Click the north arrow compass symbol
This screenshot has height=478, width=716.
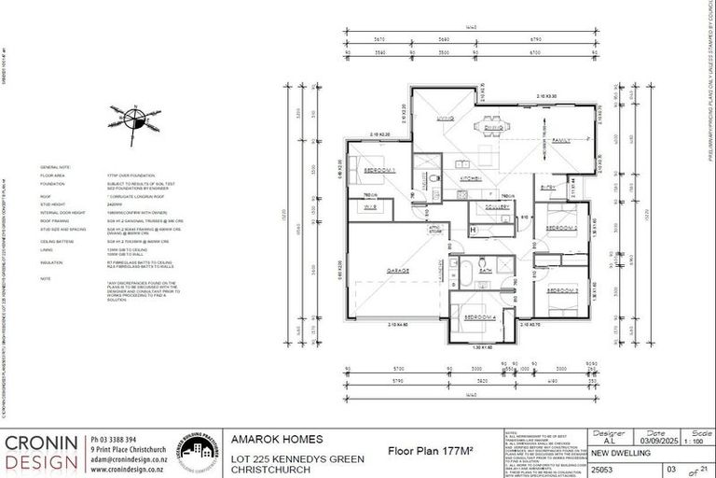[x=137, y=119]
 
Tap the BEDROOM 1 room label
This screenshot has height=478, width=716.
[x=381, y=170]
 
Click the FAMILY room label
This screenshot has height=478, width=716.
[x=561, y=140]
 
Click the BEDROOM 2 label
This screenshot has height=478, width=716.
[x=563, y=228]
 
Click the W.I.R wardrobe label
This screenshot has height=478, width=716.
[x=370, y=207]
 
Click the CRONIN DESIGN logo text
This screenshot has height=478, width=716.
[x=44, y=452]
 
